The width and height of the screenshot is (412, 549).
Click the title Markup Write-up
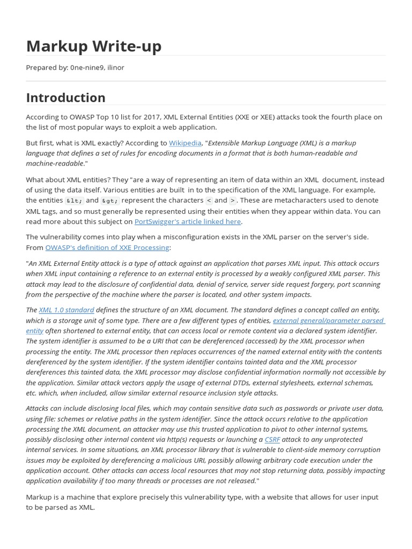click(x=93, y=47)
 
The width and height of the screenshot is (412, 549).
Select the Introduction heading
click(x=65, y=98)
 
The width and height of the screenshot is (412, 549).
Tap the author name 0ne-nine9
click(x=87, y=68)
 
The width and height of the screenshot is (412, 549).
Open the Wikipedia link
click(x=185, y=143)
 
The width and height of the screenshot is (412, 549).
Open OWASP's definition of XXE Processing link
click(x=107, y=247)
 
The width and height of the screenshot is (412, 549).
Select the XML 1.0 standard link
click(x=67, y=310)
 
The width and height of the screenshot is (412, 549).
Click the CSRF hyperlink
click(x=272, y=440)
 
